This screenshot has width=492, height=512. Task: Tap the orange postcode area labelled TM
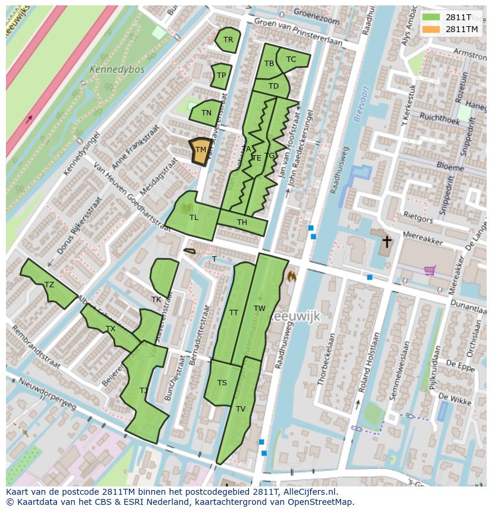[x=201, y=150]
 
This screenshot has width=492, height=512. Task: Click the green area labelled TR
[x=228, y=40]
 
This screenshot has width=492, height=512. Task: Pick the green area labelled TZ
[x=49, y=285]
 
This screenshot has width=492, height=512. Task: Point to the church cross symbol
[x=387, y=241]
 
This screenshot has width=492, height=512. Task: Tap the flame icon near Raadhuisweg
[x=291, y=276]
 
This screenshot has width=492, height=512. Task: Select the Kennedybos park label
[x=109, y=70]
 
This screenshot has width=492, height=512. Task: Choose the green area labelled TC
[x=291, y=59]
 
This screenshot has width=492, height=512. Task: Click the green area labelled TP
[x=221, y=76]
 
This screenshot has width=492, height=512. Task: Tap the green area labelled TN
[x=206, y=112]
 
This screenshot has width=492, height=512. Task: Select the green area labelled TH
[x=242, y=222]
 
